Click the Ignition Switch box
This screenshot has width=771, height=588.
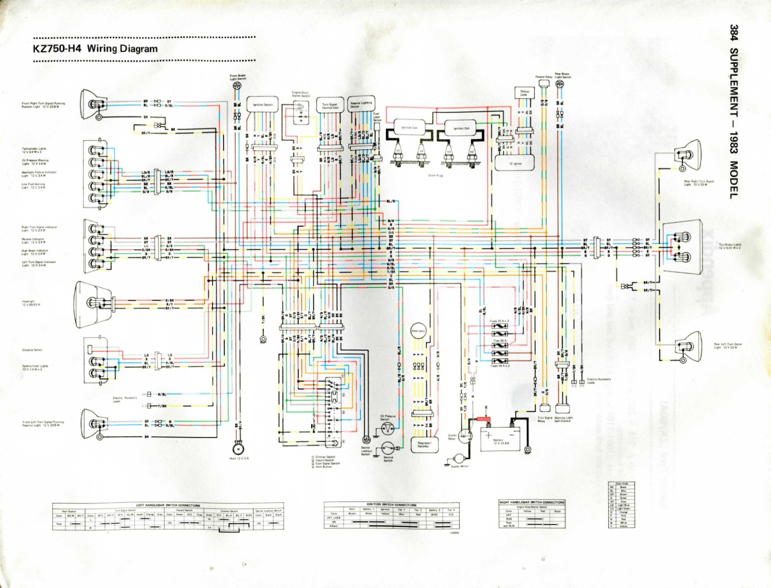(263, 105)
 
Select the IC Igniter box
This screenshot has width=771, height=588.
(515, 163)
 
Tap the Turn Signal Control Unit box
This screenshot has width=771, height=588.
(330, 105)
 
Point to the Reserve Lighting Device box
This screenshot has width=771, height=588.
(361, 104)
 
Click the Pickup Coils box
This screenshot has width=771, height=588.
(523, 93)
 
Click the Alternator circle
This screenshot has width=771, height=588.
(418, 331)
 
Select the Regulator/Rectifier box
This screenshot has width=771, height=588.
(423, 443)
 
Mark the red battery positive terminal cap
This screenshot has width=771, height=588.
(485, 420)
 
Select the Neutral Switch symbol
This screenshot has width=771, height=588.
(389, 447)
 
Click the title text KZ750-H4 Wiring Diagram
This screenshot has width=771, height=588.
(95, 49)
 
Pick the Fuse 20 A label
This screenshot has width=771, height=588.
(499, 340)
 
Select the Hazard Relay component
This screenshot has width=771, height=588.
(543, 83)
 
